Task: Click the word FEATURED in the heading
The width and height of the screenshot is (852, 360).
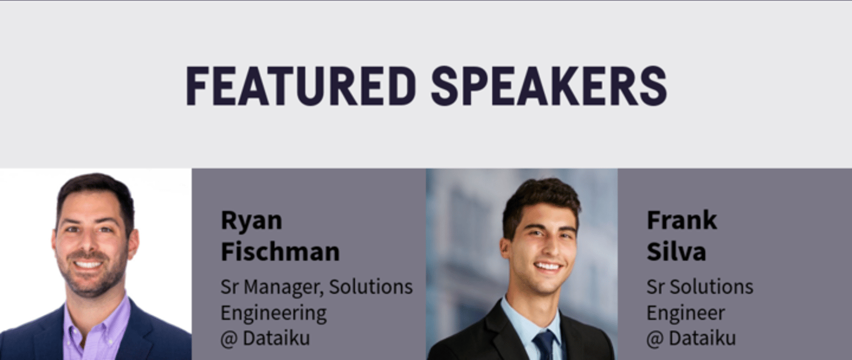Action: pyautogui.click(x=300, y=86)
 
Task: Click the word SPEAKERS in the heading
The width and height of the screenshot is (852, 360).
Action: pyautogui.click(x=549, y=86)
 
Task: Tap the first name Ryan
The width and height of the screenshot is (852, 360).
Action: pyautogui.click(x=251, y=220)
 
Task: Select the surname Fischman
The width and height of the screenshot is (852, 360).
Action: pyautogui.click(x=280, y=251)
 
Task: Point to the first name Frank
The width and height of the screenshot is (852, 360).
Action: pyautogui.click(x=682, y=220)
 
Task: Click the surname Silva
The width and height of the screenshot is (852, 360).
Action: pyautogui.click(x=676, y=251)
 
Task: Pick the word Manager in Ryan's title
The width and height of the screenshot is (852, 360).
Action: pyautogui.click(x=284, y=287)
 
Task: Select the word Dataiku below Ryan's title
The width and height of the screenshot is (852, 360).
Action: pyautogui.click(x=276, y=338)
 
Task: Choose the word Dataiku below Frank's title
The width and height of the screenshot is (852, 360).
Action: pyautogui.click(x=702, y=338)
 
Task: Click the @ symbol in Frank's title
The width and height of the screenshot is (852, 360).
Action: pyautogui.click(x=655, y=339)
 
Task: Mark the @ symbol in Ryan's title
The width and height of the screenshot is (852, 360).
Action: pyautogui.click(x=229, y=339)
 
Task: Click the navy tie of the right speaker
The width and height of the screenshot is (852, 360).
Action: pyautogui.click(x=545, y=346)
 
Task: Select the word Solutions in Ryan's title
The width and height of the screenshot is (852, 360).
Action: pyautogui.click(x=371, y=287)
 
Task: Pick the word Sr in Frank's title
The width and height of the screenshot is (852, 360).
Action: pyautogui.click(x=656, y=287)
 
